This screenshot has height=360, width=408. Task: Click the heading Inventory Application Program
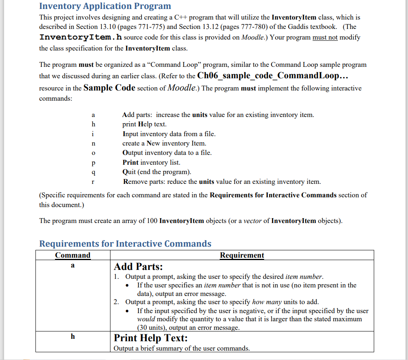(x=105, y=6)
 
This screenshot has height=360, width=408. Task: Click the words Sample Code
(x=109, y=88)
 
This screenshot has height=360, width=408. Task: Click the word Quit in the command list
(x=130, y=172)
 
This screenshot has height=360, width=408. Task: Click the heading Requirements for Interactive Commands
(x=125, y=244)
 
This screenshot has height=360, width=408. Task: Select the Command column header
(x=73, y=255)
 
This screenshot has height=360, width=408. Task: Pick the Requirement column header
(x=242, y=255)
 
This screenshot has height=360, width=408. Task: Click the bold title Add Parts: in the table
(x=138, y=267)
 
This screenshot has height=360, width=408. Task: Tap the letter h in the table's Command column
(x=73, y=337)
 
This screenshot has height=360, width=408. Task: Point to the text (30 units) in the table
(x=152, y=327)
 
